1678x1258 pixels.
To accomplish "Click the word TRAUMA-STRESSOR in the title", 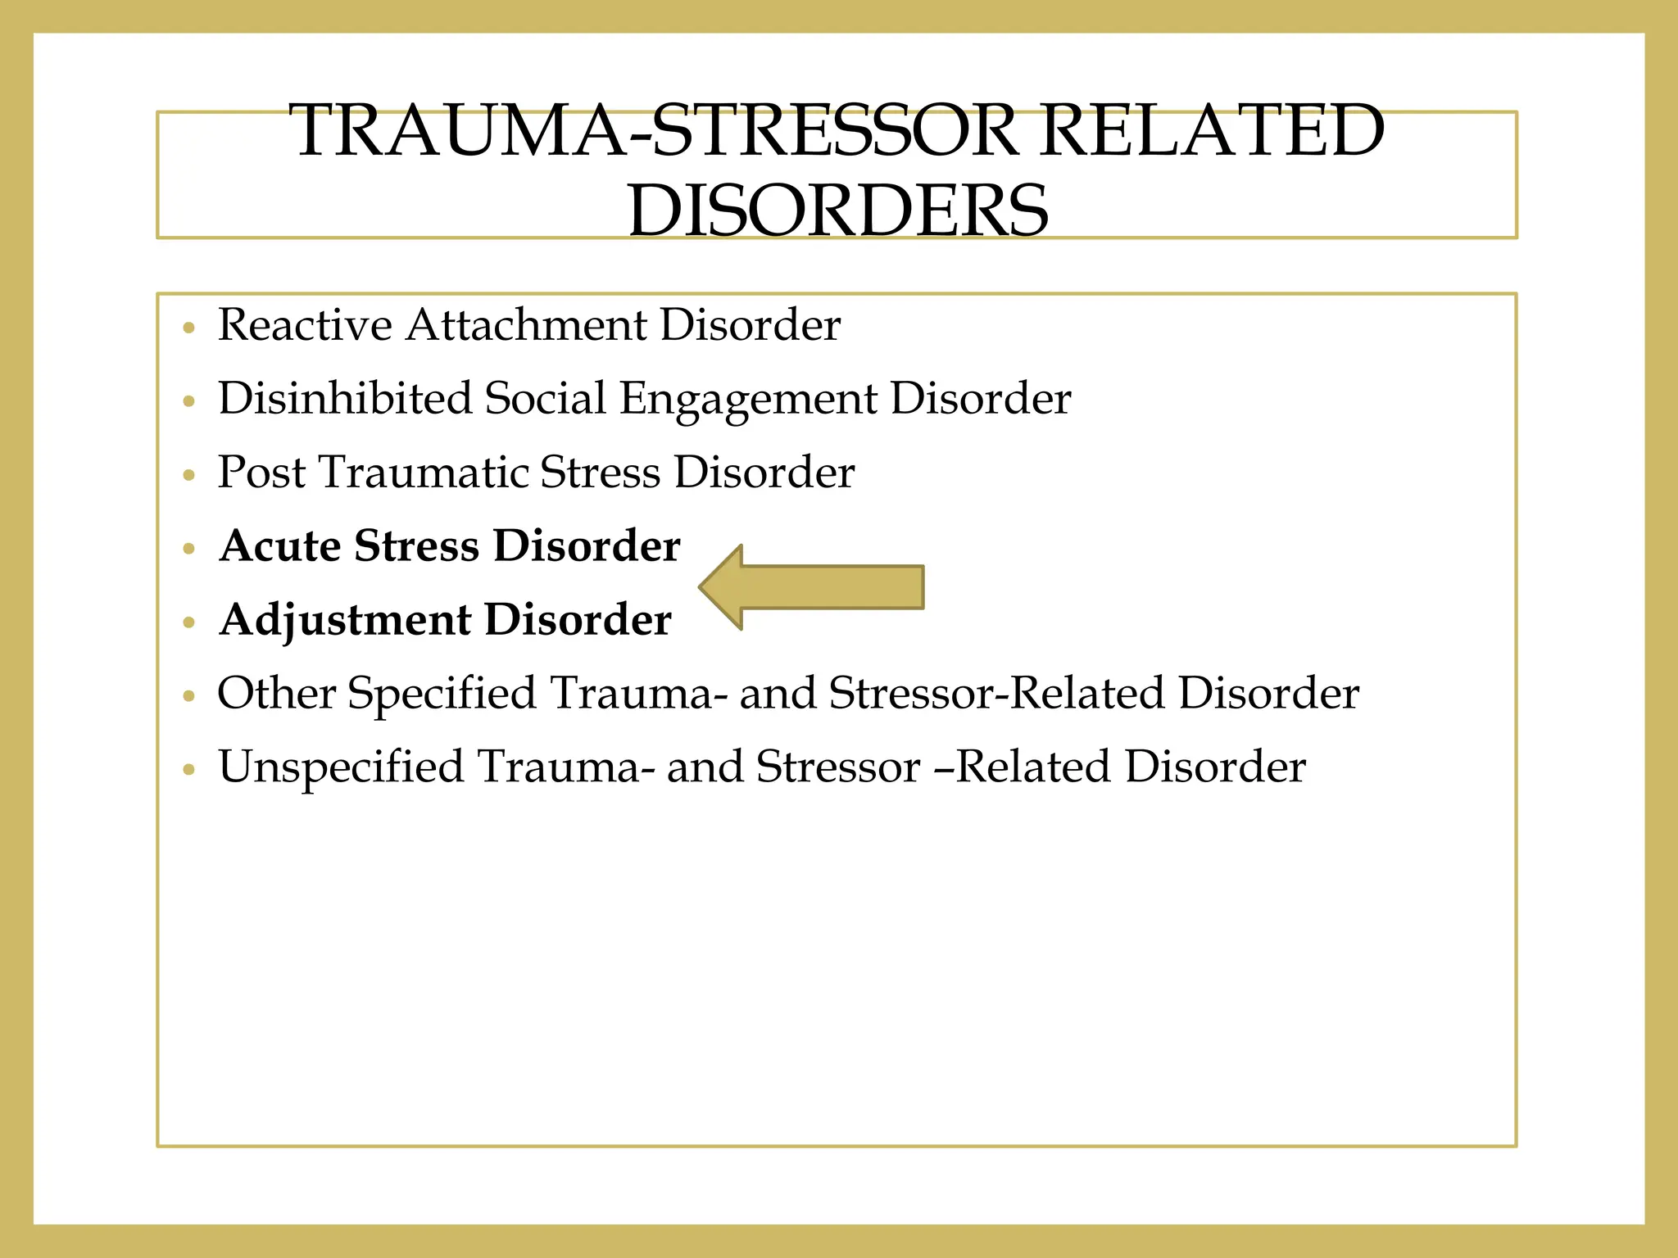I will pos(652,131).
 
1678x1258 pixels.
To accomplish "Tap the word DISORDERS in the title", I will pos(837,210).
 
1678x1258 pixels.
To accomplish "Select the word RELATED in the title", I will pos(1213,131).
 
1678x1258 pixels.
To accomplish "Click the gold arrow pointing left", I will pos(811,587).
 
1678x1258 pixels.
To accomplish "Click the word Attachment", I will pos(526,325).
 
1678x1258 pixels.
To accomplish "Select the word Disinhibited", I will pos(344,399).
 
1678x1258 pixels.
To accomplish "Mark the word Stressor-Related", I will pos(996,694).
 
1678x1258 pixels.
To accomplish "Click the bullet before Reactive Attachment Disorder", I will pos(189,328).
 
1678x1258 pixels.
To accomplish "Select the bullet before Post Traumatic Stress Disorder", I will pos(189,476).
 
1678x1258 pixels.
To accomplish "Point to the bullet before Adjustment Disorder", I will pos(189,623).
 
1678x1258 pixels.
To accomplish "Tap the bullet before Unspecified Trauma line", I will pos(189,771).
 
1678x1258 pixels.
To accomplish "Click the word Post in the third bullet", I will pos(261,473).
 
